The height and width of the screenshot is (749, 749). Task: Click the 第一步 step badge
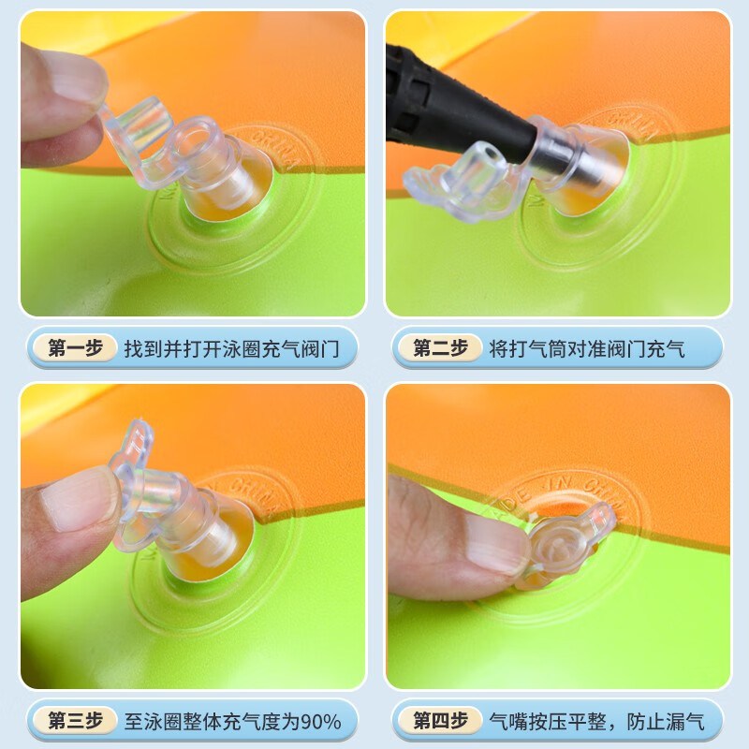click(75, 349)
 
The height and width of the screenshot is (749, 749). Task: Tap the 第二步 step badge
click(440, 349)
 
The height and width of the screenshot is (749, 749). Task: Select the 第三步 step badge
click(75, 721)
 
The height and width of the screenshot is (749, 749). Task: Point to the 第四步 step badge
click(440, 721)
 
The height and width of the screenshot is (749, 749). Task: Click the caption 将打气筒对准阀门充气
click(587, 349)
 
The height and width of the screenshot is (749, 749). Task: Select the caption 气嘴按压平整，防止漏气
click(604, 721)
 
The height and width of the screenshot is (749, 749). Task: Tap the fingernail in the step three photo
click(80, 496)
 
